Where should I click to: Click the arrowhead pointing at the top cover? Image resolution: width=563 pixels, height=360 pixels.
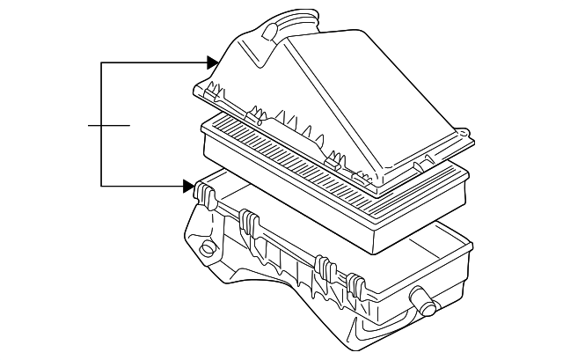(x=213, y=62)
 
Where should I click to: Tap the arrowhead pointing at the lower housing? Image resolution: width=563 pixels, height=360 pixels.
(x=188, y=186)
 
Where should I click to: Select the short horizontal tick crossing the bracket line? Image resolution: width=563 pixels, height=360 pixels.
(x=109, y=125)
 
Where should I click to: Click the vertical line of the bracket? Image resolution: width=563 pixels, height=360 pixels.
(x=102, y=125)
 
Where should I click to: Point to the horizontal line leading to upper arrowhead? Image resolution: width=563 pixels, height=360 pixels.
(x=154, y=62)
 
